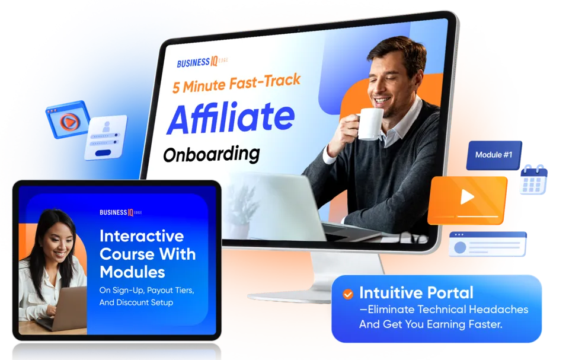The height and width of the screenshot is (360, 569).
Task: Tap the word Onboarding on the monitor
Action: [212, 154]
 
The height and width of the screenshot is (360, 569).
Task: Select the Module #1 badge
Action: [494, 155]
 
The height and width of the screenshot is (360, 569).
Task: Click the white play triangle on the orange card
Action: [467, 197]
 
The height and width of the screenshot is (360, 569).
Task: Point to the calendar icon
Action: [533, 180]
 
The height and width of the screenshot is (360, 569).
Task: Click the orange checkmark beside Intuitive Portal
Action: [348, 294]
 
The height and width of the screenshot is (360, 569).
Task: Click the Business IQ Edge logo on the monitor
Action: [202, 62]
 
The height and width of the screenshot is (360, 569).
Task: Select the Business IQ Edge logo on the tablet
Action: [120, 212]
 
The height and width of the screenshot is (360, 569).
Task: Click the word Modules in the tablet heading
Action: [132, 272]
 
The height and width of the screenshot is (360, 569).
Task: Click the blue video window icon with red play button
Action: [68, 120]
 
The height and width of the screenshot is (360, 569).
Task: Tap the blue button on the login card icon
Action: [103, 153]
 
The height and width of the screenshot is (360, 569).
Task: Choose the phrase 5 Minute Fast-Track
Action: [236, 83]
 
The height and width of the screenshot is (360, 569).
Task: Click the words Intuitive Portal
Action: [416, 293]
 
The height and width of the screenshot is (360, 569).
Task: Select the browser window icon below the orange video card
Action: [487, 244]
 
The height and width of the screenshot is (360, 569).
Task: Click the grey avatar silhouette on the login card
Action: [106, 127]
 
